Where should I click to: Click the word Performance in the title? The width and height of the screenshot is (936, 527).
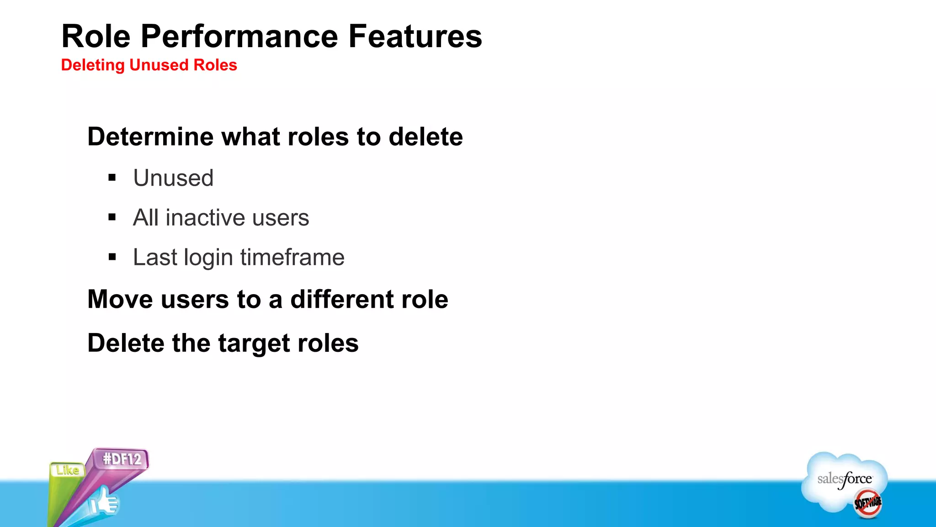point(239,37)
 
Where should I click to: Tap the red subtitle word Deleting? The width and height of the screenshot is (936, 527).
point(93,65)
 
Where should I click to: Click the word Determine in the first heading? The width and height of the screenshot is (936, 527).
point(151,137)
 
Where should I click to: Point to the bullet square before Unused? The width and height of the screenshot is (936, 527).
point(112,177)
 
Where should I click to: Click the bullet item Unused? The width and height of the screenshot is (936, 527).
point(173,178)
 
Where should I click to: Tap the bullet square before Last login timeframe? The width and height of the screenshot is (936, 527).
point(112,257)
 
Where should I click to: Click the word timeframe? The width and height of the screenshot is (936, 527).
point(292,257)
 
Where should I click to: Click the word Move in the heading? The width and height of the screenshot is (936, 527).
point(120,300)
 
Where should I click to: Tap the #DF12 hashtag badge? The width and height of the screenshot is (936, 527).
point(122,459)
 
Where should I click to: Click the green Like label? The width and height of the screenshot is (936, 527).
point(68,470)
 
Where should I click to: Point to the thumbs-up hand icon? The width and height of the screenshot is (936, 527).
point(104,502)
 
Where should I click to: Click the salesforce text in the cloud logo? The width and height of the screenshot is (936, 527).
point(844,479)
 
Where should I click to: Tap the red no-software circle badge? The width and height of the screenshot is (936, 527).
point(867,503)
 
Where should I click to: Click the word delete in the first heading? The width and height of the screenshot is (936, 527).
point(425,137)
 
